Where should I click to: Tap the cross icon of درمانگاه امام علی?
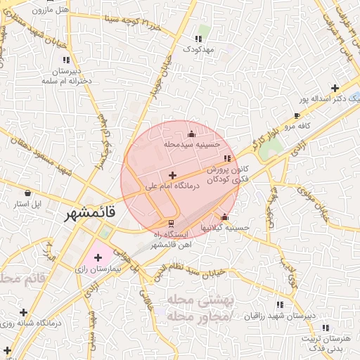click(173, 174)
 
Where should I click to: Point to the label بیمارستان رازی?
click(99, 269)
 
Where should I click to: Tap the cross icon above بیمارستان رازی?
click(98, 258)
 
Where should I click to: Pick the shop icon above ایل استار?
click(27, 193)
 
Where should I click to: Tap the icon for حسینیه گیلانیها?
click(224, 217)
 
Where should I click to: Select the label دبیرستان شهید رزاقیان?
click(281, 316)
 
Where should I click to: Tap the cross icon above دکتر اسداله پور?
click(335, 88)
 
